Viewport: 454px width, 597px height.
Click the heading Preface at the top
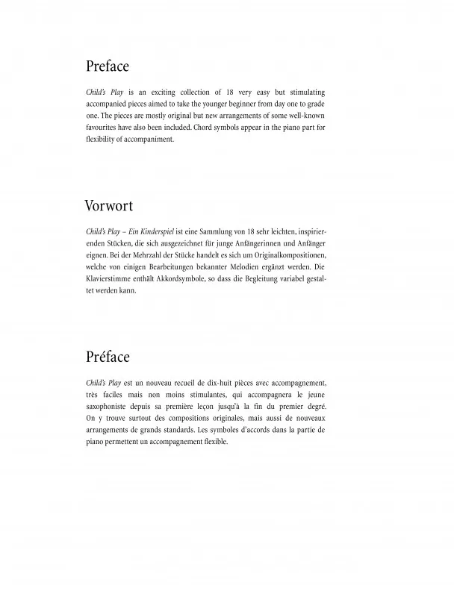point(108,66)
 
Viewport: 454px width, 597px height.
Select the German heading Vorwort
point(110,205)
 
